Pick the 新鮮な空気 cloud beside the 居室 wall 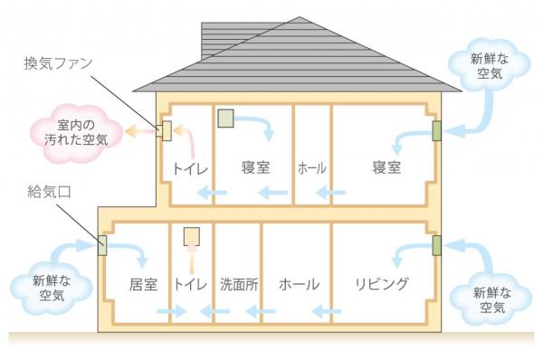click(x=51, y=288)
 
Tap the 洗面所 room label click(x=239, y=285)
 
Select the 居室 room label click(x=143, y=285)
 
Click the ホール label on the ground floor click(x=299, y=285)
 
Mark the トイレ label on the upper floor click(x=191, y=168)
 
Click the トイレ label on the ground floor click(x=191, y=285)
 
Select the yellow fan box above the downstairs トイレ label click(x=192, y=237)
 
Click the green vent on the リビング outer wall click(x=437, y=245)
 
